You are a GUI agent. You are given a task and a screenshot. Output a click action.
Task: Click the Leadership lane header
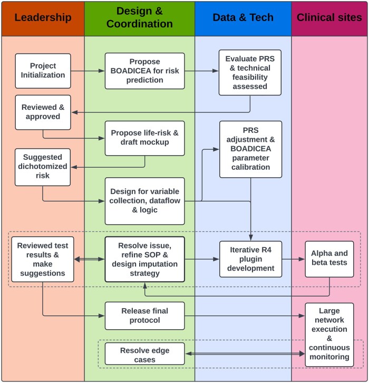(x=43, y=18)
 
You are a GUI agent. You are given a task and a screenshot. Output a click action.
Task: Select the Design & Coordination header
(x=139, y=18)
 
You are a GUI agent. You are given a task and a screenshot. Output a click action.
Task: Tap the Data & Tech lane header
(x=242, y=18)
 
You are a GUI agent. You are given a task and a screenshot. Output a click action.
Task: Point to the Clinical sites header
(x=329, y=18)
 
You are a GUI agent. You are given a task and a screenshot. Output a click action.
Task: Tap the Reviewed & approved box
(x=43, y=112)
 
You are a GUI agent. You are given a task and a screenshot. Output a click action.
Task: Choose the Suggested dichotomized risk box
(x=43, y=167)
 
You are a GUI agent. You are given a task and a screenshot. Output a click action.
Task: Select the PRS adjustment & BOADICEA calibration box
(x=250, y=149)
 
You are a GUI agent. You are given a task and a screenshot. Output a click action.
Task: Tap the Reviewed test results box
(x=43, y=259)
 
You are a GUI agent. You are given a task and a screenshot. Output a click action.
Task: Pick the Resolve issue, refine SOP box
(x=144, y=259)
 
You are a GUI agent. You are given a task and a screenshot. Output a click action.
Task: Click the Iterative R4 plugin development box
(x=250, y=259)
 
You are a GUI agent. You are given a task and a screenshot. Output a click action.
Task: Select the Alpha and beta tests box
(x=329, y=259)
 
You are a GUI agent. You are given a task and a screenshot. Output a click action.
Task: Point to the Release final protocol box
(x=144, y=315)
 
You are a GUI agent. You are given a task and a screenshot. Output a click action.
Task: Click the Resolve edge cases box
(x=144, y=354)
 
